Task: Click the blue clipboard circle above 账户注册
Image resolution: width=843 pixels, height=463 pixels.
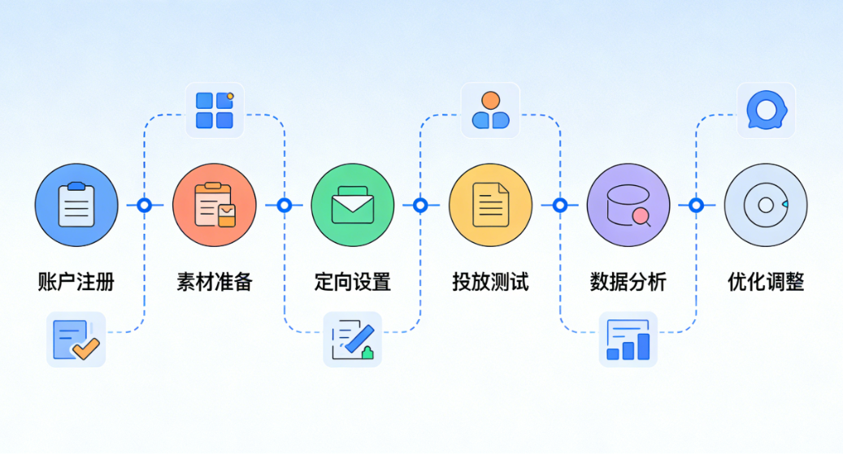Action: pyautogui.click(x=76, y=206)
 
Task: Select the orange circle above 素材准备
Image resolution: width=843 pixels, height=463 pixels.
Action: pyautogui.click(x=215, y=206)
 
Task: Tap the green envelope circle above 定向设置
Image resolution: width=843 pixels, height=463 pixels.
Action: pyautogui.click(x=353, y=206)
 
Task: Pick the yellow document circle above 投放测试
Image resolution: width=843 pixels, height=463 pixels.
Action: pyautogui.click(x=490, y=206)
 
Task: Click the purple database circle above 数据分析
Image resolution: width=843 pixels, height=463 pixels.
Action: pyautogui.click(x=628, y=206)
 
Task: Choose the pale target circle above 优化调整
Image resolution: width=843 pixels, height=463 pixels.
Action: pyautogui.click(x=766, y=206)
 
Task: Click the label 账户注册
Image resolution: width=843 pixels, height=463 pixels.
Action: pyautogui.click(x=76, y=283)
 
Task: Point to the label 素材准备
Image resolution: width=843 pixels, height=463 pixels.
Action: pyautogui.click(x=215, y=283)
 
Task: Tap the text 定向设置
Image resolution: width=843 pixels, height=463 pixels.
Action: pyautogui.click(x=353, y=283)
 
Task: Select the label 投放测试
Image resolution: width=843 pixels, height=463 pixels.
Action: pyautogui.click(x=490, y=283)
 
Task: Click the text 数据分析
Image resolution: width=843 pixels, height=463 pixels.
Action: pyautogui.click(x=628, y=283)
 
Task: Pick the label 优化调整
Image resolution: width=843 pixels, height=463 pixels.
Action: pyautogui.click(x=766, y=283)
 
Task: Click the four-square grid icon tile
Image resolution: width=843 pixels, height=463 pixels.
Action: pyautogui.click(x=215, y=110)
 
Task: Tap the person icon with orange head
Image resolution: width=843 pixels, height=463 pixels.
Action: pyautogui.click(x=490, y=110)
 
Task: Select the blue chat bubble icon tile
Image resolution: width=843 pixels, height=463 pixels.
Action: pyautogui.click(x=766, y=110)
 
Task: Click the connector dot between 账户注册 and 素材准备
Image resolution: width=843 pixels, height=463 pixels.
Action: pyautogui.click(x=145, y=206)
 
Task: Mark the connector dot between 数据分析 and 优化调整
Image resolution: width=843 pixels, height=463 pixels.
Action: pyautogui.click(x=696, y=206)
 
